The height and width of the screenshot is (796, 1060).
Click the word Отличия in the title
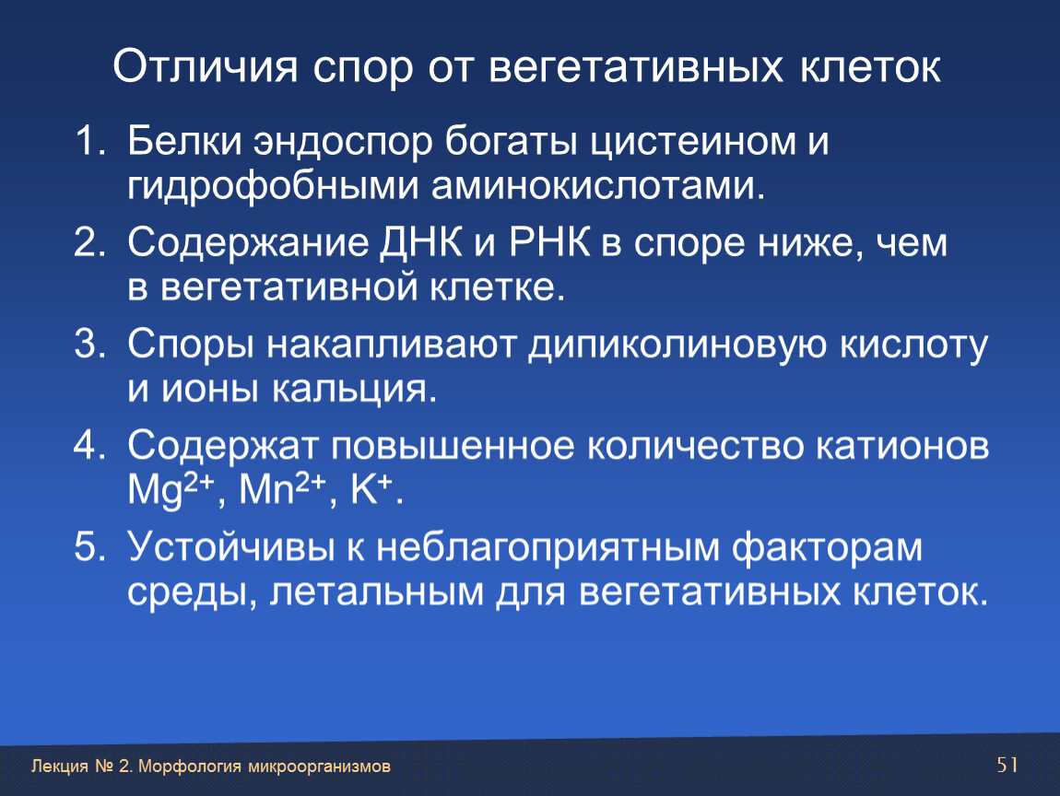pos(206,66)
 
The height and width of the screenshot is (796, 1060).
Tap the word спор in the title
pos(362,70)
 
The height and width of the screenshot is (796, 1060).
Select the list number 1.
pos(88,141)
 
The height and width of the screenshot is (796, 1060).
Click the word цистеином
pos(693,143)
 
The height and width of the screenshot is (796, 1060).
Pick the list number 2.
pos(89,242)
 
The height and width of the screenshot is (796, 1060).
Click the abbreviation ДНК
pos(420,243)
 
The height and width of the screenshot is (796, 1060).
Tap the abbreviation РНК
pos(549,242)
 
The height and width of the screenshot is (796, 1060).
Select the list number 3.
pos(89,344)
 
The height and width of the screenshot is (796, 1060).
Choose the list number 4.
pos(89,445)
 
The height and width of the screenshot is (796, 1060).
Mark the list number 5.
pos(89,546)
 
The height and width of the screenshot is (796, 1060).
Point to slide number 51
pos(1007,765)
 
